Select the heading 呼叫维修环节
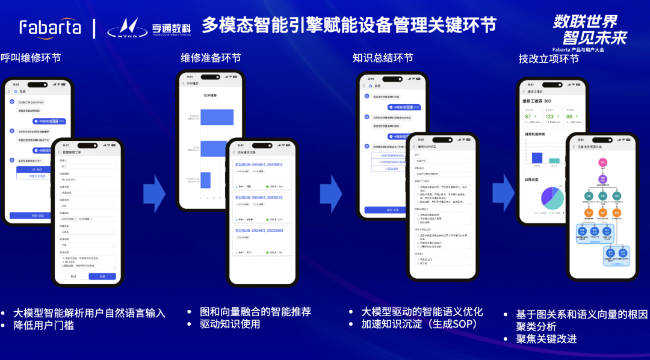(x=31, y=58)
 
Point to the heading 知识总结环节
(x=383, y=58)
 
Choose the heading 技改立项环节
(x=548, y=58)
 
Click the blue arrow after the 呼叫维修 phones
(x=154, y=193)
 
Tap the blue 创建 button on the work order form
(x=102, y=276)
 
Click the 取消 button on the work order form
(x=73, y=276)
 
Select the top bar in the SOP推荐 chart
(x=217, y=117)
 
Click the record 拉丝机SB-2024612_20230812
(x=262, y=164)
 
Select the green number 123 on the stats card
(x=550, y=116)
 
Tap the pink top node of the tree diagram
(x=601, y=163)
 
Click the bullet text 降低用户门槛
(x=43, y=325)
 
